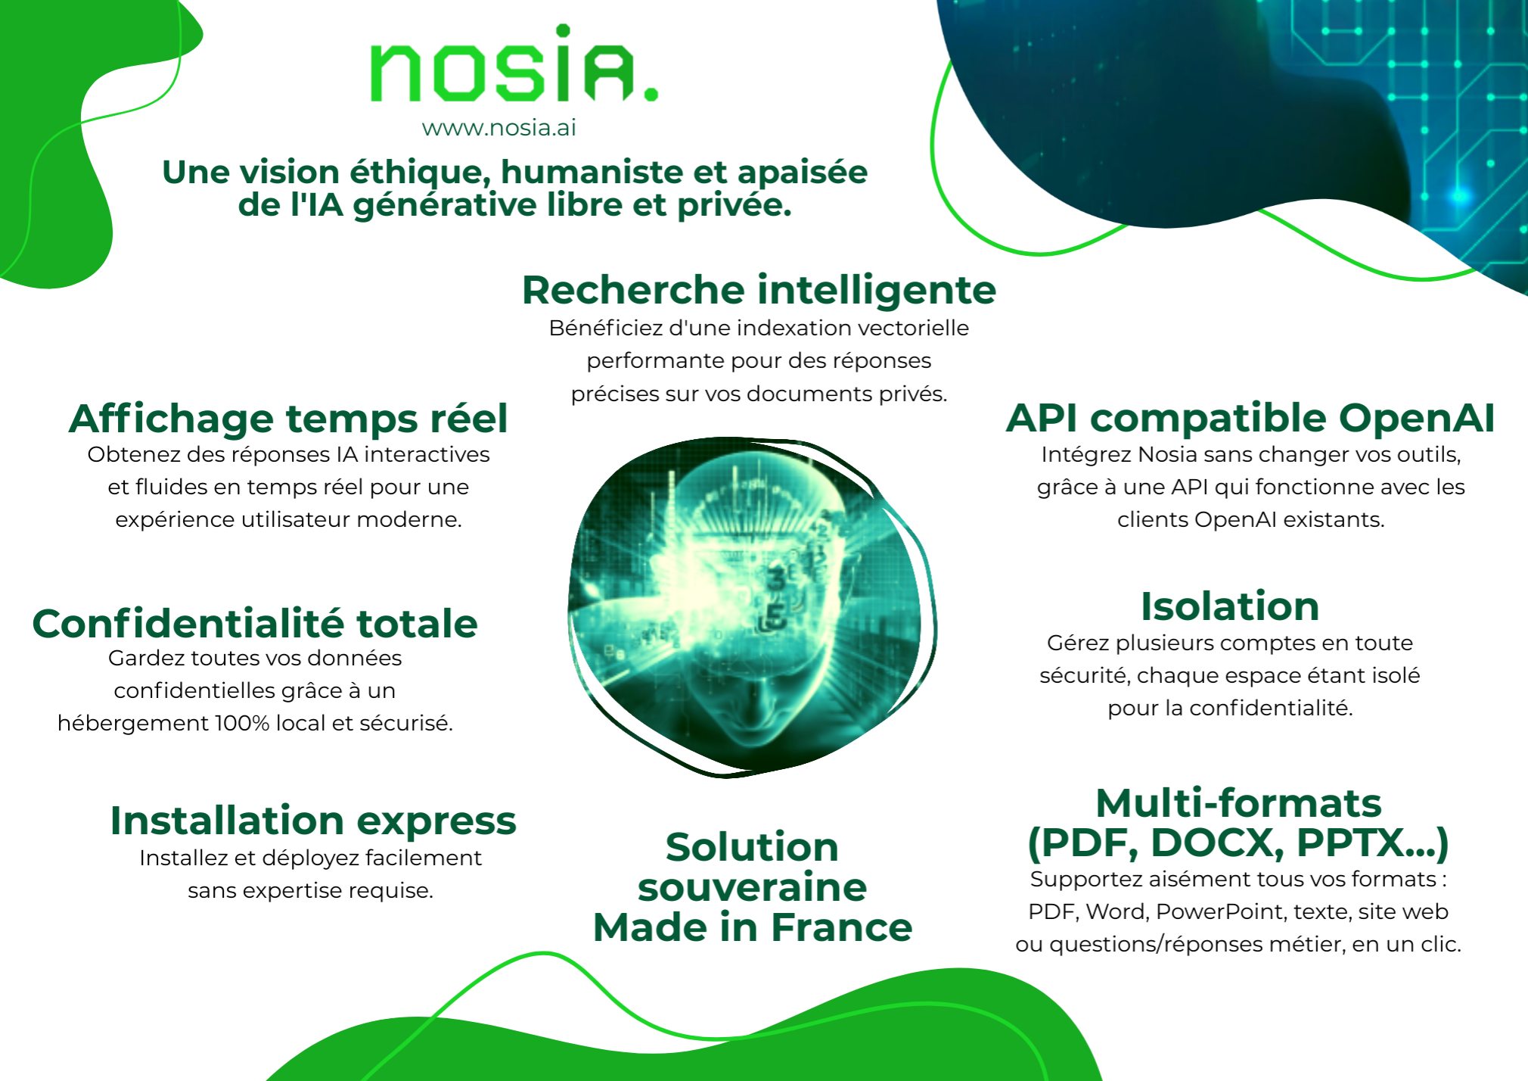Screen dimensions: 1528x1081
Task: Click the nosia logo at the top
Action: pyautogui.click(x=514, y=64)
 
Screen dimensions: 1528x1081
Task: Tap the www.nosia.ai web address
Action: pyautogui.click(x=499, y=128)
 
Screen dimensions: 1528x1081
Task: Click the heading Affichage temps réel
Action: pyautogui.click(x=288, y=419)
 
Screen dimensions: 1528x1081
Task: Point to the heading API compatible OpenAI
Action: pyautogui.click(x=1250, y=419)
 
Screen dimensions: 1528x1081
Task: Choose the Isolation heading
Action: pyautogui.click(x=1230, y=606)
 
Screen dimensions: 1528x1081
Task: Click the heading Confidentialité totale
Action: pyautogui.click(x=255, y=624)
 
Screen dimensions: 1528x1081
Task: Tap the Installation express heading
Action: pyautogui.click(x=313, y=821)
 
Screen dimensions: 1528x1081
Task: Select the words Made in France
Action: pyautogui.click(x=753, y=927)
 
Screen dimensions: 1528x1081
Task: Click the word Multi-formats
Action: pyautogui.click(x=1238, y=803)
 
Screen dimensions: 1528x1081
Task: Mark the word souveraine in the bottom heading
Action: pyautogui.click(x=753, y=887)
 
